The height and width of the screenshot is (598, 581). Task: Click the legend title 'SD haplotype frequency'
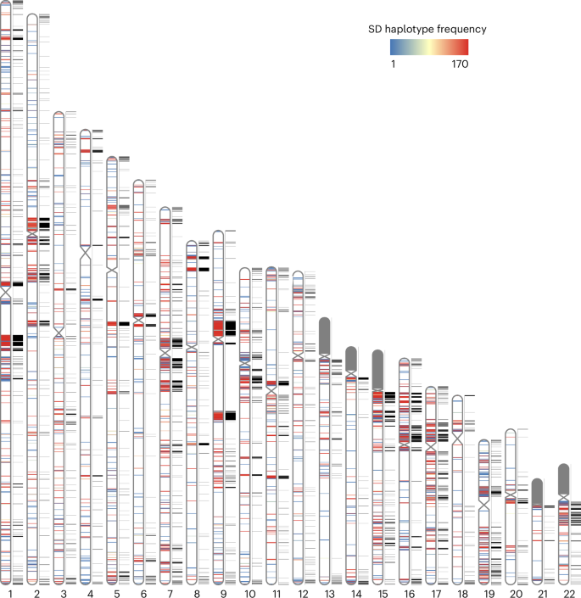[427, 29]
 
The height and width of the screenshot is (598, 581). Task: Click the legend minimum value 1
[393, 63]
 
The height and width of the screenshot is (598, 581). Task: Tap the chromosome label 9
[219, 592]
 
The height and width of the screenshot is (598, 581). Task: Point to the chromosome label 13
[325, 592]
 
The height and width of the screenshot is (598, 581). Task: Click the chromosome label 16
[405, 592]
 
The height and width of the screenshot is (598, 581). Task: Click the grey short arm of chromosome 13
[325, 336]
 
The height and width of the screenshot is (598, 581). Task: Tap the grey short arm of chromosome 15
[378, 368]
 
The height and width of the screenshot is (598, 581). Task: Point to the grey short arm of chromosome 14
[351, 357]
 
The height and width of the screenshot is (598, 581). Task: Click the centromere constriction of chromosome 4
[86, 251]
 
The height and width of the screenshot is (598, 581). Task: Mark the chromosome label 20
[511, 592]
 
